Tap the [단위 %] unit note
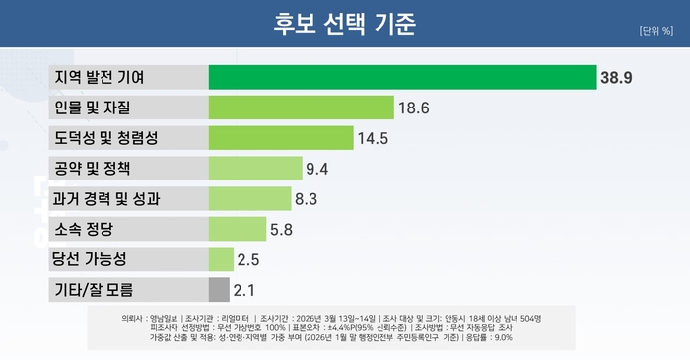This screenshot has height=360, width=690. click(x=656, y=29)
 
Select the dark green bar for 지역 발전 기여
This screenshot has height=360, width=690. click(x=402, y=76)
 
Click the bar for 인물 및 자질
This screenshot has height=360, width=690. click(x=301, y=107)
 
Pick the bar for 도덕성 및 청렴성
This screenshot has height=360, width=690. click(x=280, y=137)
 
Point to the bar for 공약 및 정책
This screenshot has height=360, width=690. click(x=254, y=168)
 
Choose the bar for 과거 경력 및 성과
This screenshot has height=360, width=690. click(x=249, y=198)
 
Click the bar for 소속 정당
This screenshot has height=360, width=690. click(x=238, y=229)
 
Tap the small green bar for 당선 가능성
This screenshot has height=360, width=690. click(x=221, y=259)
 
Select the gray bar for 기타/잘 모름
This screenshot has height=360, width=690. click(x=219, y=290)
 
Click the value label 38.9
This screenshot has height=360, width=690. click(x=618, y=77)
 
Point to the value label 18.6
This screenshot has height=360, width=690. click(x=415, y=107)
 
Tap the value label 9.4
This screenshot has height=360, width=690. click(x=317, y=168)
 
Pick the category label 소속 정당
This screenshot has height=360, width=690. click(x=83, y=229)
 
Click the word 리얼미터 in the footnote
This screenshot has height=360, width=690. click(x=250, y=318)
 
